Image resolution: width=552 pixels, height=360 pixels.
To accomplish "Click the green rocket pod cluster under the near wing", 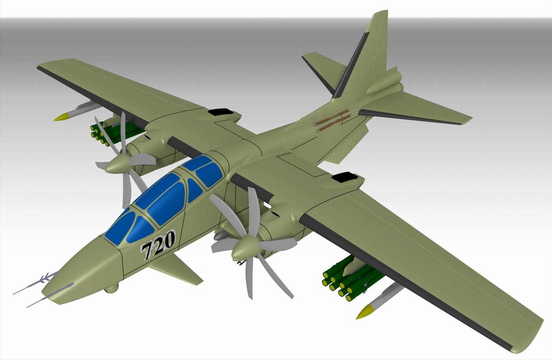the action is [347, 279].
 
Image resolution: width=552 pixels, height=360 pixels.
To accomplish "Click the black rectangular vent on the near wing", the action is [343, 177].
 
